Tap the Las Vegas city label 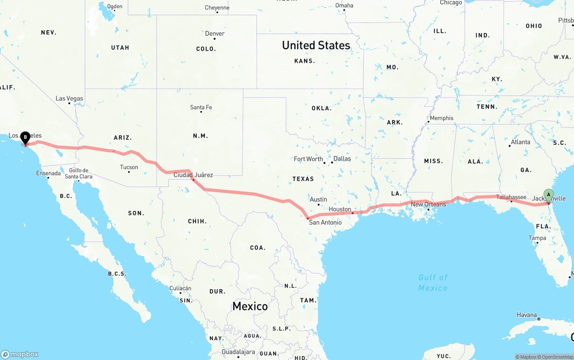(69, 99)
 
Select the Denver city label (215, 34)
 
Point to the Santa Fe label (201, 108)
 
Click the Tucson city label (129, 167)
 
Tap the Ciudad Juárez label (193, 175)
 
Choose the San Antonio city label (325, 222)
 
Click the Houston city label (340, 209)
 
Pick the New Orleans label (428, 204)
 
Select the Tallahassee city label (511, 197)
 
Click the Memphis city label (441, 118)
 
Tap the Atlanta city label (520, 142)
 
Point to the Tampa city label (537, 238)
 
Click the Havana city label (527, 315)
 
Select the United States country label (316, 45)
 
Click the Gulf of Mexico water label (433, 283)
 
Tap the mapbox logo (20, 354)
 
